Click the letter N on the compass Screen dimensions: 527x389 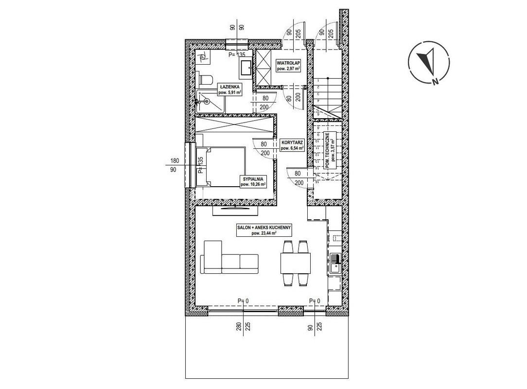click(x=435, y=81)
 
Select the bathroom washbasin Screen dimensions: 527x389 click(x=246, y=68)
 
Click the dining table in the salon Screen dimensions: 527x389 click(x=296, y=263)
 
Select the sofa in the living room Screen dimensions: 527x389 click(x=229, y=257)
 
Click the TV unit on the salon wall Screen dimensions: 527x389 click(x=235, y=210)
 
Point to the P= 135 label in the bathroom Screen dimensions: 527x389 click(x=237, y=54)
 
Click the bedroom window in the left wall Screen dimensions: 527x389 click(x=190, y=165)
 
